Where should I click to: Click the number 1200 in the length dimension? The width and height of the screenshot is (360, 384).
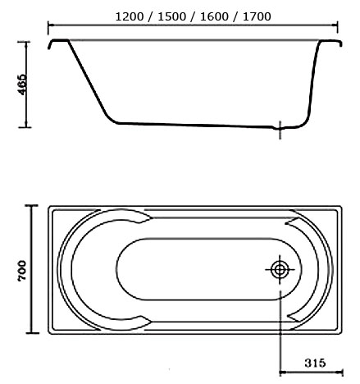coord(130,17)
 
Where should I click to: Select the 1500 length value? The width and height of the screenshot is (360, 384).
coord(172,17)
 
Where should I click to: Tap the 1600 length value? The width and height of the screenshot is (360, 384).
coord(214,17)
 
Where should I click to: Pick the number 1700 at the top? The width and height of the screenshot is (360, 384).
coord(257,17)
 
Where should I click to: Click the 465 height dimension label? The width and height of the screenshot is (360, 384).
coord(22,85)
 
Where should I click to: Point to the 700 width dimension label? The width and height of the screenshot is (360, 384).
coord(22,270)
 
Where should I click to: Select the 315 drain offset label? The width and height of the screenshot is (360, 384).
coord(315,363)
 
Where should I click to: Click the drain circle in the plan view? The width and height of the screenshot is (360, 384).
coord(280,270)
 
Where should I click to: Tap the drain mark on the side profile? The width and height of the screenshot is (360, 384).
coord(280,130)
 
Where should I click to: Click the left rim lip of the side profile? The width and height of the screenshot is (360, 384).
coord(58,42)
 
